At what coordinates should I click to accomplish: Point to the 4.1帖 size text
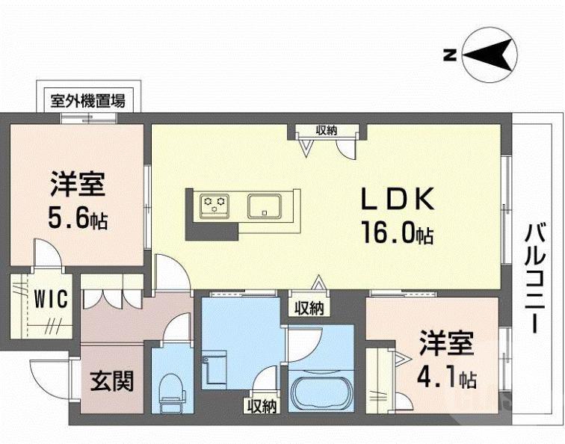pos(447,377)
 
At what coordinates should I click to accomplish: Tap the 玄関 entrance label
pos(112,381)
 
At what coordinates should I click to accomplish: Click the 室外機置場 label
pos(87,99)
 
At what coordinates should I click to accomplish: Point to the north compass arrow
pos(490,55)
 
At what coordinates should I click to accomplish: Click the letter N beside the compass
pos(450,55)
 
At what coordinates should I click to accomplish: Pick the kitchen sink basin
pos(264,204)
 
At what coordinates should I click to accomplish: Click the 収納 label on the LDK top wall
pos(325,130)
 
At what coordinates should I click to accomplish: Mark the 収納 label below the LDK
pos(308,307)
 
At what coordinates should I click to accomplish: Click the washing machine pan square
pos(214,369)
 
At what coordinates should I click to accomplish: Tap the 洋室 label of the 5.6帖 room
pos(78,183)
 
